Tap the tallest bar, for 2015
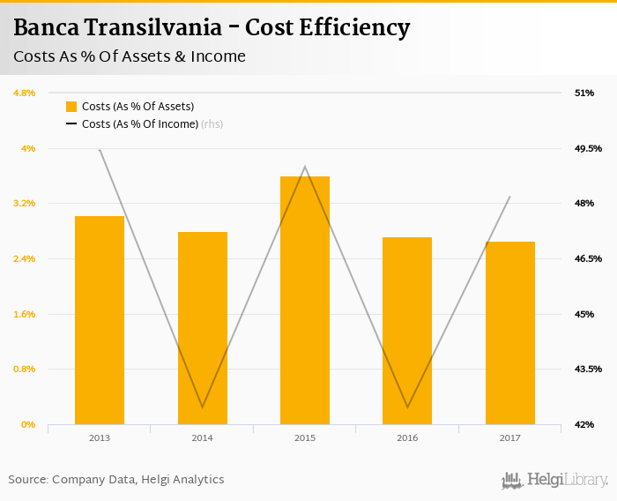point(305,300)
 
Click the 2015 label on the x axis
point(305,437)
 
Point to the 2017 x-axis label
point(510,437)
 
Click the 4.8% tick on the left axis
point(24,93)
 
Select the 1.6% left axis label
point(24,314)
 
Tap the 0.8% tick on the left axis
point(24,369)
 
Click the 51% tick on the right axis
point(584,93)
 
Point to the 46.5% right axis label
point(587,258)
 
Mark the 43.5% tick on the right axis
point(587,369)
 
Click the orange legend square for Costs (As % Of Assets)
point(71,107)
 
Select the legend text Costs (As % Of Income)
point(139,124)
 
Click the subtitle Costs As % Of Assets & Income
point(130,56)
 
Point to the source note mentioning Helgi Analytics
point(116,480)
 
